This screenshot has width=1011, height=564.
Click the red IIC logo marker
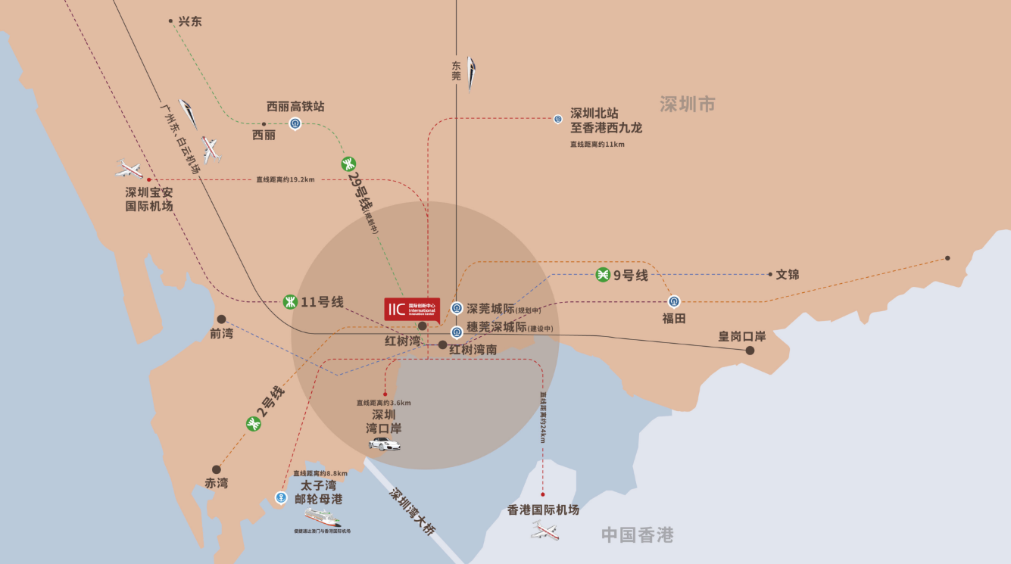[412, 309]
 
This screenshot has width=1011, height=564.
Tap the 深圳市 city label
[687, 104]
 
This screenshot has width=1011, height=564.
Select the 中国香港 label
[637, 535]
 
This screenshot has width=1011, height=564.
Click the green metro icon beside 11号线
[289, 301]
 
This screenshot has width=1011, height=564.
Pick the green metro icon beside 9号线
[603, 275]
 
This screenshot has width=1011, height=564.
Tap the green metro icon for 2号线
[253, 424]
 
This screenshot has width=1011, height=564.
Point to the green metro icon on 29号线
[348, 163]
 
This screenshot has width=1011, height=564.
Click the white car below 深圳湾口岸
[385, 444]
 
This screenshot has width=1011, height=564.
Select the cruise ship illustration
[323, 517]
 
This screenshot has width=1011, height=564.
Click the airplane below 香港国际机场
[545, 530]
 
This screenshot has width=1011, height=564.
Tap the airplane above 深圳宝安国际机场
[130, 169]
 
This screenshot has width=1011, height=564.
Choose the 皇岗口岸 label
[742, 336]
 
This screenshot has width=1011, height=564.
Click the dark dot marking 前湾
[221, 319]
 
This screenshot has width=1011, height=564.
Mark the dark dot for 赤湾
[217, 469]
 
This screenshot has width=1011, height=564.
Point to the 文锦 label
[788, 274]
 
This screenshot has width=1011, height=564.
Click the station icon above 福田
[674, 301]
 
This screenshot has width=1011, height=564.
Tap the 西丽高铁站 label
[295, 107]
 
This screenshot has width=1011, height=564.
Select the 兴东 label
[190, 22]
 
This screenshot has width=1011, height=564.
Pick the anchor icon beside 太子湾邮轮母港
[281, 497]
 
